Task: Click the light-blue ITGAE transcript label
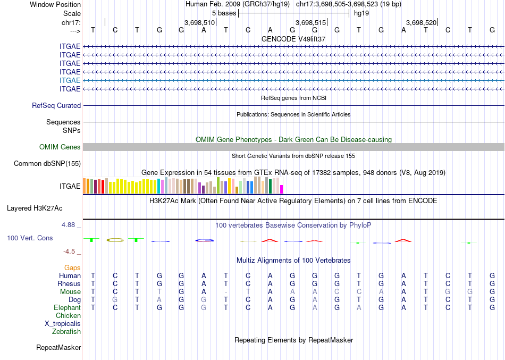coord(70,80)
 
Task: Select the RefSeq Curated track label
coord(56,106)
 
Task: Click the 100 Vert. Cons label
coord(30,238)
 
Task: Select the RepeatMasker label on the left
coord(58,348)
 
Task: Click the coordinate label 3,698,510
coord(199,22)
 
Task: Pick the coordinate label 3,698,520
coord(421,22)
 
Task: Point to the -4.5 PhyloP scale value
coord(70,252)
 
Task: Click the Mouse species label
coord(71,292)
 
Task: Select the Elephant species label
coord(67,308)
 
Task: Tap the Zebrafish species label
coord(66,332)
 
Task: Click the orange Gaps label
coord(72,268)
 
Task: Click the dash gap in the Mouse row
coord(226,292)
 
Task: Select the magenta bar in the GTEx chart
coord(282,189)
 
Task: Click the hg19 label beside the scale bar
coord(361,13)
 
